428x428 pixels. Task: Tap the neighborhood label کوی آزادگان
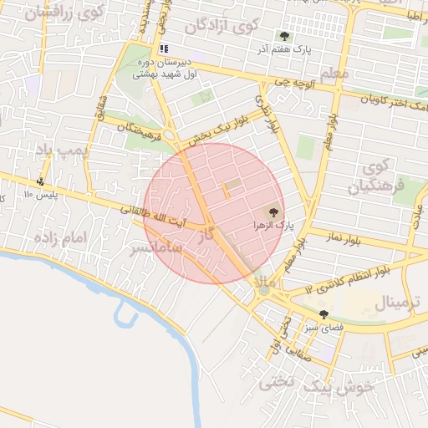tap(220, 27)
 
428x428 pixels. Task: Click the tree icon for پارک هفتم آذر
tap(284, 37)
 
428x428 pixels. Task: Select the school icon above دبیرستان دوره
tap(165, 49)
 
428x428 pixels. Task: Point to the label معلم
tap(334, 74)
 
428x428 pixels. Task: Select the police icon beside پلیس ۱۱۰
tap(41, 181)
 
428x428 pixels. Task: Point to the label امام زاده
tap(59, 238)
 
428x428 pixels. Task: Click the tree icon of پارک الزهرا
tap(270, 211)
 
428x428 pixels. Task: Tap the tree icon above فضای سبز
tap(324, 314)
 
